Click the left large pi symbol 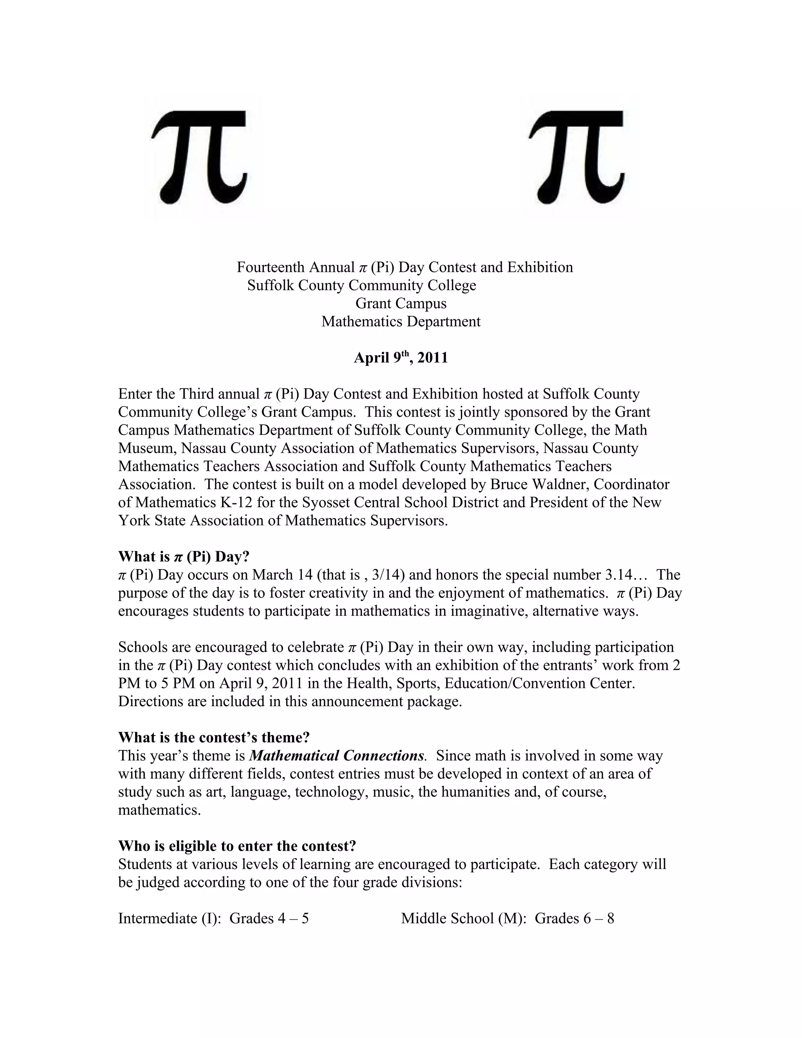[200, 157]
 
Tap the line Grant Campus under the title [401, 303]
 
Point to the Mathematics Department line [401, 321]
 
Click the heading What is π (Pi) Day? [184, 556]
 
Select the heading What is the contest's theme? [214, 737]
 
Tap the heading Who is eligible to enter [237, 846]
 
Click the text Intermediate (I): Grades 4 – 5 [213, 918]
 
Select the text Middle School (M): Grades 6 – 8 [508, 918]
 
